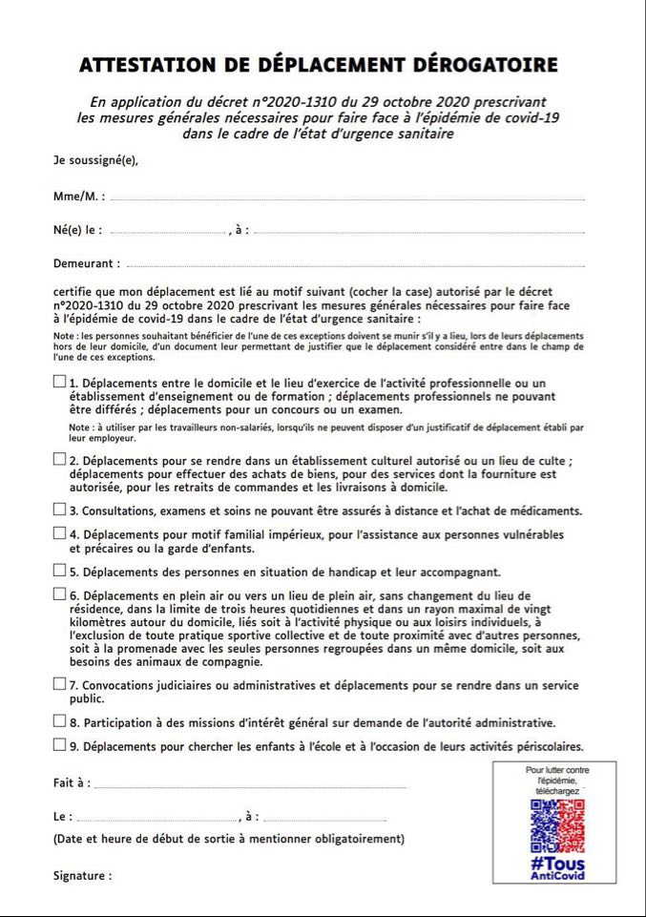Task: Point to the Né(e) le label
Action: click(x=77, y=231)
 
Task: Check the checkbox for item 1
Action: click(x=60, y=382)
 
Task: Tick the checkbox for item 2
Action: click(x=60, y=459)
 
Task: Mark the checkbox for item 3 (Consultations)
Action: click(x=60, y=510)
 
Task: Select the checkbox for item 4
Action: click(x=60, y=533)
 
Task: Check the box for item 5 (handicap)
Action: click(x=60, y=571)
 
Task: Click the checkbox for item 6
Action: click(x=60, y=594)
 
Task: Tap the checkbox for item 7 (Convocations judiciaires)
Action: click(x=60, y=684)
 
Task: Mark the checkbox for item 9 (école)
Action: click(x=60, y=744)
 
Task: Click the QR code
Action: click(x=557, y=826)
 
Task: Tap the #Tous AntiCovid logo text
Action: click(x=557, y=868)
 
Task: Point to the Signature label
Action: click(x=82, y=875)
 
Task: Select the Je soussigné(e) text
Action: click(x=95, y=160)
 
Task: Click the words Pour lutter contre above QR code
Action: click(x=557, y=769)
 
